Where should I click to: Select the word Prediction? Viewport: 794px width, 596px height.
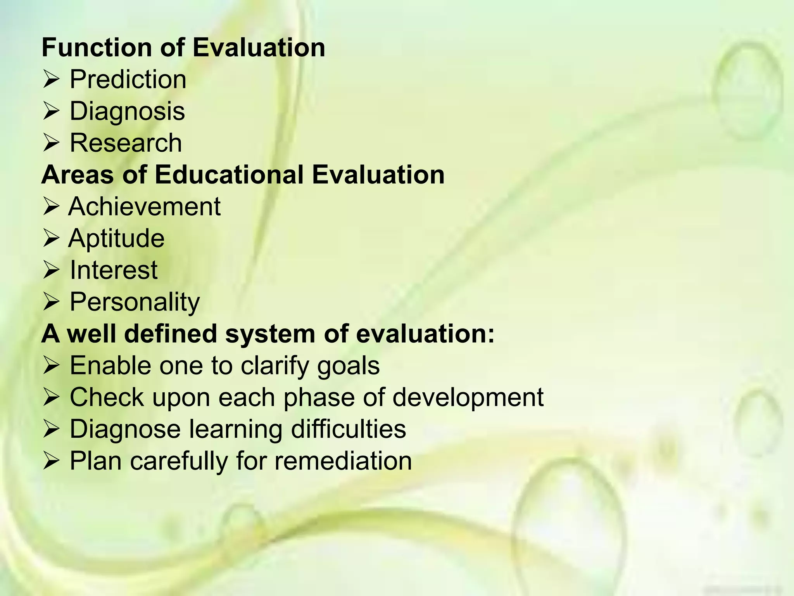128,80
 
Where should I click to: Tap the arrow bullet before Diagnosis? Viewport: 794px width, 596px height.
51,111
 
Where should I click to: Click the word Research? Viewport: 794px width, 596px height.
126,143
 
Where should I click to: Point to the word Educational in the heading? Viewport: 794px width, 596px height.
229,175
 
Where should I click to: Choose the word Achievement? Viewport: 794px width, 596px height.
144,206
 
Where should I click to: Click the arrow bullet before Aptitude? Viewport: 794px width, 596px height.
51,238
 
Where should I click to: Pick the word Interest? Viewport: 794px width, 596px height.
113,270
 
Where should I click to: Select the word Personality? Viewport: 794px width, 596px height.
135,302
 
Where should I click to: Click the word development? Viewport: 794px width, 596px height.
468,398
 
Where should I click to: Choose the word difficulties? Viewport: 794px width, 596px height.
348,429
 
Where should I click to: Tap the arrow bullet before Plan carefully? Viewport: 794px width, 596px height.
51,461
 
